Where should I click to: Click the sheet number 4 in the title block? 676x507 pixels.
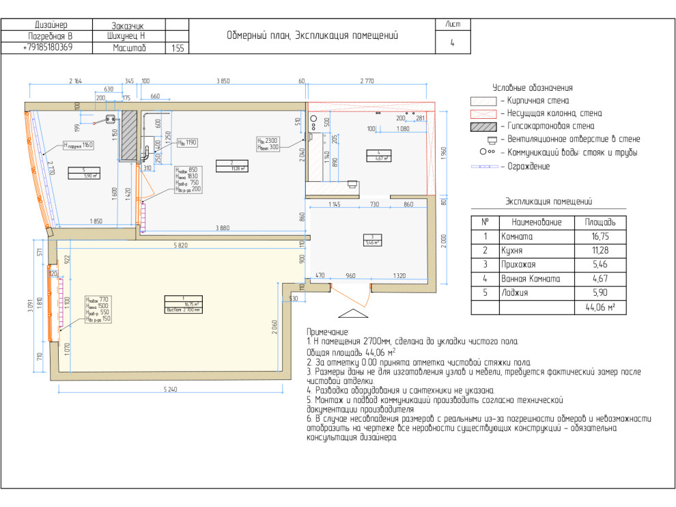pos(452,42)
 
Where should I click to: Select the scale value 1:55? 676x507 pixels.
pos(177,49)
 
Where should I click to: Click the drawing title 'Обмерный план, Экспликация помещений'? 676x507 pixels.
pos(312,36)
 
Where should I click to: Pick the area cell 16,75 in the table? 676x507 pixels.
pos(600,236)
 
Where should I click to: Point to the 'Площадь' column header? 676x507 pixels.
pos(600,222)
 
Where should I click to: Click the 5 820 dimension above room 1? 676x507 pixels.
pos(180,245)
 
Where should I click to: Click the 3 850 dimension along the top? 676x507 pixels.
pos(223,81)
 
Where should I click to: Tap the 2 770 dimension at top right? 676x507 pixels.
pos(367,81)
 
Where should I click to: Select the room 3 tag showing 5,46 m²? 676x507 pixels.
pos(371,239)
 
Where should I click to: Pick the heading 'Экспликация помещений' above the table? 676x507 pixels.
pos(548,202)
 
